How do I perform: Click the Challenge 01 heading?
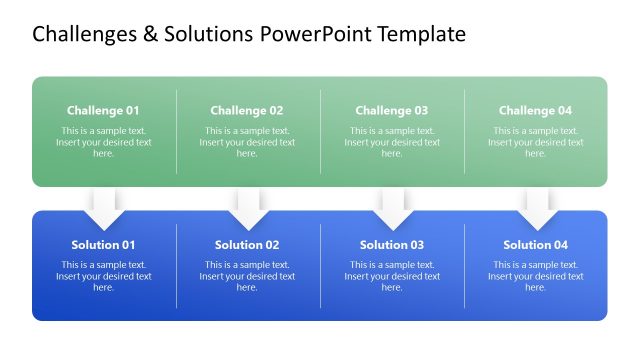(x=103, y=111)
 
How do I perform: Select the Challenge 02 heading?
(x=247, y=111)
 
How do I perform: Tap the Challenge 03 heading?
(x=391, y=111)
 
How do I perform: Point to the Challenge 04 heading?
(x=535, y=111)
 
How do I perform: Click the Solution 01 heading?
(x=103, y=245)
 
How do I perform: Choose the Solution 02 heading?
(x=247, y=245)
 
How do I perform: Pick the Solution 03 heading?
(x=391, y=245)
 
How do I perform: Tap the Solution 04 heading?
(x=535, y=245)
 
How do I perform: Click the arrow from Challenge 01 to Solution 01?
(x=104, y=208)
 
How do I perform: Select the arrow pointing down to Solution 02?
(x=248, y=208)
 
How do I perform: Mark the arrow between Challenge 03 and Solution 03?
(x=392, y=208)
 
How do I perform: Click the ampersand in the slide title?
(x=150, y=35)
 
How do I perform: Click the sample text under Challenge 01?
(x=103, y=142)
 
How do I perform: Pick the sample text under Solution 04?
(x=535, y=276)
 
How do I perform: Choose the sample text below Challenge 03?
(x=391, y=142)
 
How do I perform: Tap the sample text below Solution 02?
(x=247, y=276)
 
